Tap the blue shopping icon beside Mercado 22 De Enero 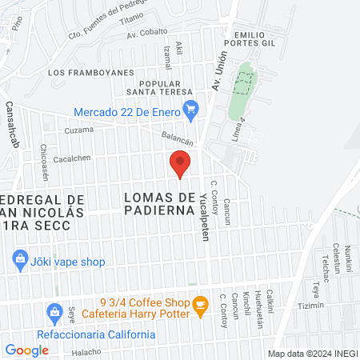point(190,110)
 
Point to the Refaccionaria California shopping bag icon point(54,310)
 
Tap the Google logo point(26,350)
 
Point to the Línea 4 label point(238,126)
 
